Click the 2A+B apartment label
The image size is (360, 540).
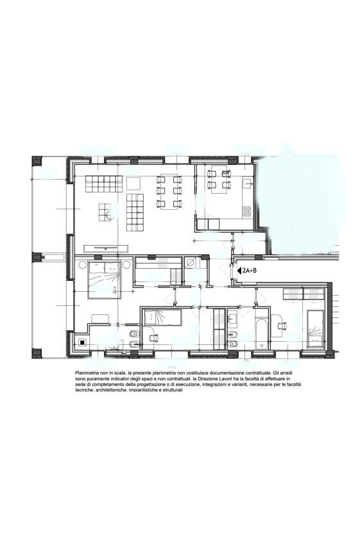click(x=250, y=271)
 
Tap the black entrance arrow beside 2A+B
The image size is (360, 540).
click(x=239, y=271)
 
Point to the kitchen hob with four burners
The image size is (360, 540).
click(x=246, y=212)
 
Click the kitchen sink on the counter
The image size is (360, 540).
click(x=247, y=183)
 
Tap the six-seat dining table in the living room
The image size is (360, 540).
click(x=169, y=192)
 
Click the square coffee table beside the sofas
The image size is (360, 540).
click(x=133, y=183)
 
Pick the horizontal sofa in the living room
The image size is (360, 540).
click(x=104, y=184)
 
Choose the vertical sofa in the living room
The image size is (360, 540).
click(x=135, y=213)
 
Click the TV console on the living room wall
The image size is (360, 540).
click(x=106, y=248)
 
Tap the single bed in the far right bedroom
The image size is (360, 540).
click(x=316, y=329)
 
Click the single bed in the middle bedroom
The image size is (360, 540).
click(x=162, y=317)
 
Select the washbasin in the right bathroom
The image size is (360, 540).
click(x=232, y=318)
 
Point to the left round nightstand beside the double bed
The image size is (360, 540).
click(x=82, y=265)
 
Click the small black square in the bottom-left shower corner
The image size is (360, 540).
click(x=82, y=342)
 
